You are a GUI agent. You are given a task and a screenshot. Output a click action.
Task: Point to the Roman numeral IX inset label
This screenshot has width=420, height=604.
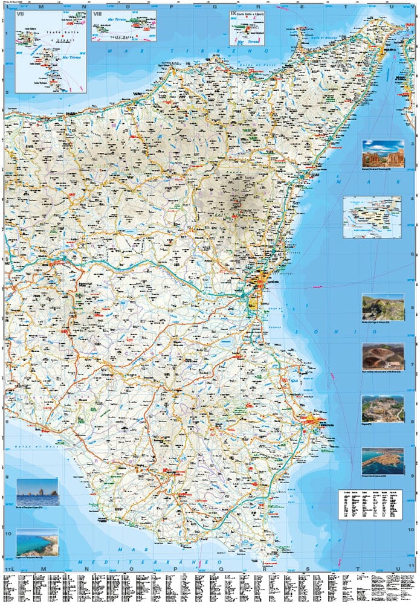(x=233, y=13)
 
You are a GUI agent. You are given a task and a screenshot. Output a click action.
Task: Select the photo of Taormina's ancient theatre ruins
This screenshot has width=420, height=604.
(x=383, y=153)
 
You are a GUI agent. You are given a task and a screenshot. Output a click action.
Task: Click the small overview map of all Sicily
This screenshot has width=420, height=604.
(x=372, y=216)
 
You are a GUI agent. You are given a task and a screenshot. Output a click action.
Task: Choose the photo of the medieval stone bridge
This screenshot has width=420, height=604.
(x=383, y=307)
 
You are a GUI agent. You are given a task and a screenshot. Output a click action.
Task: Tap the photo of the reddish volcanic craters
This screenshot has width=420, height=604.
(x=383, y=357)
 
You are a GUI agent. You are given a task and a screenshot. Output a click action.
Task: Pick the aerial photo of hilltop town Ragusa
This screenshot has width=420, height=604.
(x=383, y=409)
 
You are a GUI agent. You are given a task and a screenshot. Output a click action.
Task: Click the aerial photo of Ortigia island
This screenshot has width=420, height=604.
(x=383, y=460)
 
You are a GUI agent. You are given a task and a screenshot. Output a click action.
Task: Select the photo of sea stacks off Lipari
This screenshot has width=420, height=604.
(x=37, y=492)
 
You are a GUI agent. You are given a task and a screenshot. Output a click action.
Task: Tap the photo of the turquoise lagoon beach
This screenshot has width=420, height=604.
(x=37, y=542)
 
